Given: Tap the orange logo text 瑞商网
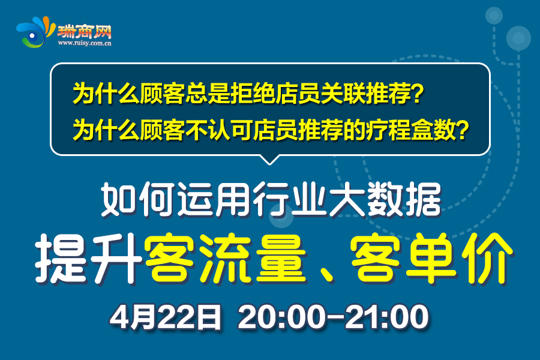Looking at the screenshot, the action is click(x=85, y=32).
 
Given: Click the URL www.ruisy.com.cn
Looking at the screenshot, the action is click(x=85, y=43).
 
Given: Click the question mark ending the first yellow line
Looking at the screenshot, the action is click(x=417, y=93).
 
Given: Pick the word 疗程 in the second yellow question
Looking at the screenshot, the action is click(x=388, y=130).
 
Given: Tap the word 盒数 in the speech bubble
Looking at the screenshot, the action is click(x=433, y=130).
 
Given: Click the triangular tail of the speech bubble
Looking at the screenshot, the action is click(x=269, y=160).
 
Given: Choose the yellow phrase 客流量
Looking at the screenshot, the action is click(x=226, y=259).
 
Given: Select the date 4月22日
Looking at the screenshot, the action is click(x=166, y=317).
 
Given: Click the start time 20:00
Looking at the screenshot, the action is click(x=281, y=317).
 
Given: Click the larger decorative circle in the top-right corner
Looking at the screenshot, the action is click(x=518, y=38).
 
